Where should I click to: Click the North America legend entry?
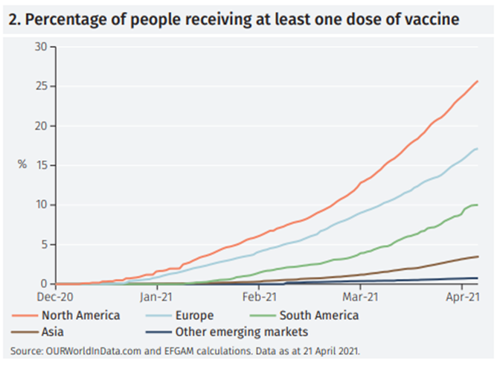click(x=74, y=315)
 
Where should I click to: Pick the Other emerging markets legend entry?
click(x=223, y=332)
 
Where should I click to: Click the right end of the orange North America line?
click(x=477, y=81)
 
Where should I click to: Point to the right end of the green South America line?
click(x=477, y=205)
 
